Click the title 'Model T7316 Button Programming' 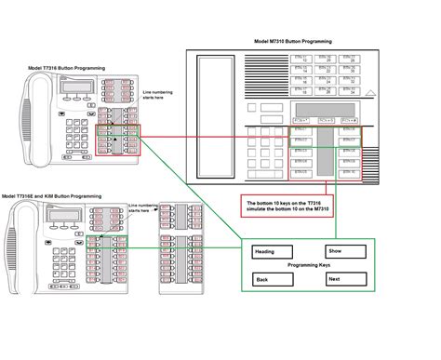[66, 69]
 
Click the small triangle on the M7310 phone [370, 93]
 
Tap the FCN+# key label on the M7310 [350, 122]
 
